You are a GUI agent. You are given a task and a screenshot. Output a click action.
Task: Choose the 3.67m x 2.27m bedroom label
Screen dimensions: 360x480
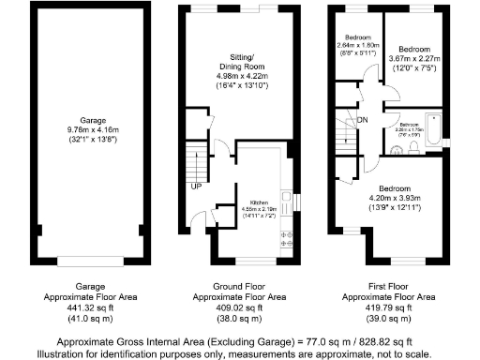coord(413,57)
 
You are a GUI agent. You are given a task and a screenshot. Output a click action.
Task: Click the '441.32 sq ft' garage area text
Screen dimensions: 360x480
coord(92,307)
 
